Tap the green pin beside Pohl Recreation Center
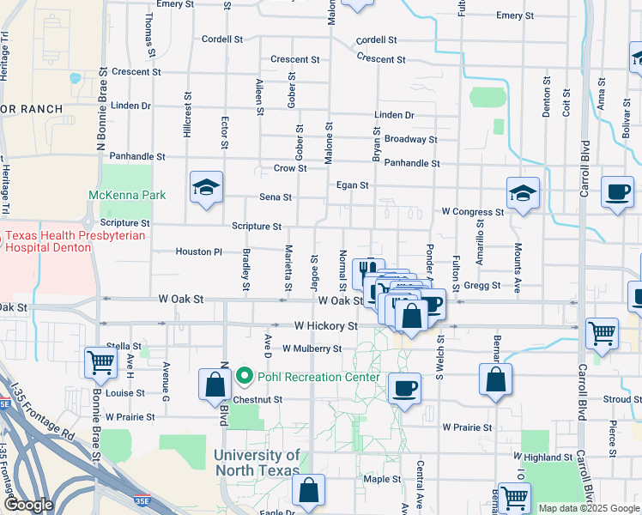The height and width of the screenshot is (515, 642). pyautogui.click(x=245, y=377)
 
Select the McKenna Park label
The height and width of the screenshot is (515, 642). pyautogui.click(x=127, y=195)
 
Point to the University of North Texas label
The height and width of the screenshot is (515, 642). pyautogui.click(x=257, y=463)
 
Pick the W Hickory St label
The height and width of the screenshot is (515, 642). pyautogui.click(x=325, y=326)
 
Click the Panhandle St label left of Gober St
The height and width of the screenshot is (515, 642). pyautogui.click(x=136, y=156)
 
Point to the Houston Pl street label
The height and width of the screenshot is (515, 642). pyautogui.click(x=199, y=251)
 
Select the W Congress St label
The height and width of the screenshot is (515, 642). pyautogui.click(x=472, y=211)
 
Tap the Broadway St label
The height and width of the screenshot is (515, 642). pyautogui.click(x=410, y=139)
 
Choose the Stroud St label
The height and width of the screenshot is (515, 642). pyautogui.click(x=622, y=399)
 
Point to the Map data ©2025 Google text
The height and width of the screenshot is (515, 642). pyautogui.click(x=588, y=508)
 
